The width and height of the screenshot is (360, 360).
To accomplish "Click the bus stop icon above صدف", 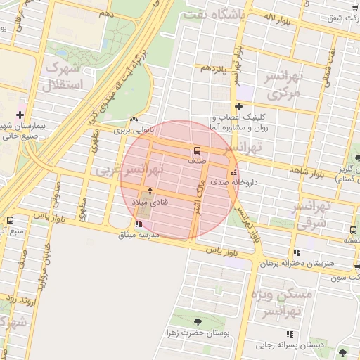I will [197, 150].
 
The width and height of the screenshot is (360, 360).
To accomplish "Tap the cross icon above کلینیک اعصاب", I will [239, 106].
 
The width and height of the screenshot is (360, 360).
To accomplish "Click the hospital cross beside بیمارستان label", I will [20, 115].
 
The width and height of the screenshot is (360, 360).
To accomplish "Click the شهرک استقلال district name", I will [63, 77].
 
